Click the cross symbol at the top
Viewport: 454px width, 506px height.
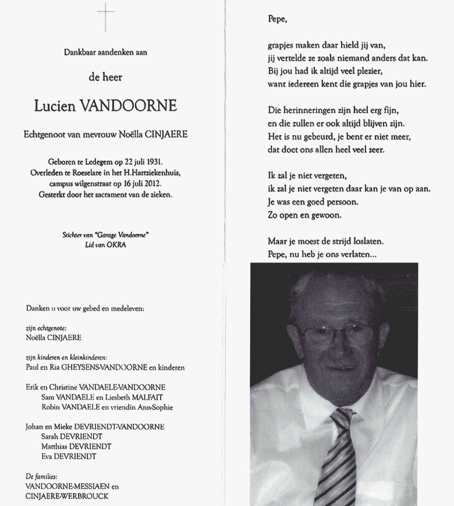point(105,16)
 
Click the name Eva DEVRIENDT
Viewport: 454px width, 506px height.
point(66,457)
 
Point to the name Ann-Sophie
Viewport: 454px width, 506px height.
point(155,407)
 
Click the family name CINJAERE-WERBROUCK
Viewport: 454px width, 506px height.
point(67,496)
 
